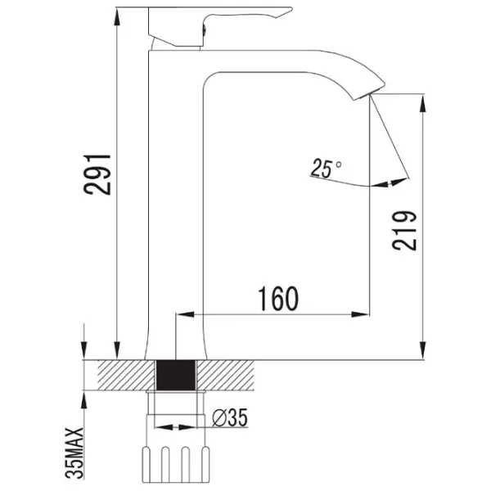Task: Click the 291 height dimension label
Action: click(x=97, y=174)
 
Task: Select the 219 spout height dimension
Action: click(x=404, y=231)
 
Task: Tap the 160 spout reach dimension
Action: click(x=278, y=299)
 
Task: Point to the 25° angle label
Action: click(x=326, y=168)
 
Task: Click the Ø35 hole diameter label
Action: click(x=230, y=417)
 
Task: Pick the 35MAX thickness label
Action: click(x=74, y=453)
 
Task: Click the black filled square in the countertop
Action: click(x=176, y=375)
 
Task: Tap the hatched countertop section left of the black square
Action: click(x=127, y=375)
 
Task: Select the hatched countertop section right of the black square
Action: click(x=225, y=375)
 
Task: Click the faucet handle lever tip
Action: click(x=291, y=9)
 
